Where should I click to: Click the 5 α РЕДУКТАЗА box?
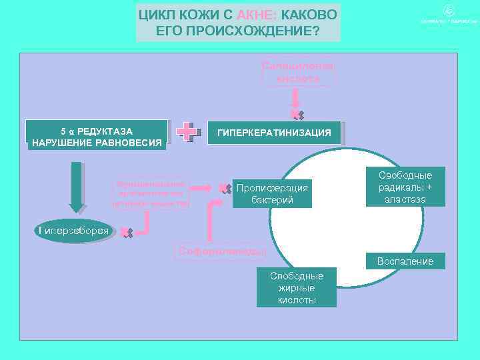97,136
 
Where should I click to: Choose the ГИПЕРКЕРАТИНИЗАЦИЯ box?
274,133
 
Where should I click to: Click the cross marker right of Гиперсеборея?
126,233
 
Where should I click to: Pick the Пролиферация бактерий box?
272,193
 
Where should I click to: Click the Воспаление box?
405,261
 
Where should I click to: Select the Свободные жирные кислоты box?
297,288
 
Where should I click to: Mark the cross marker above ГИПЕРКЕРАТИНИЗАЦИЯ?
297,116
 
